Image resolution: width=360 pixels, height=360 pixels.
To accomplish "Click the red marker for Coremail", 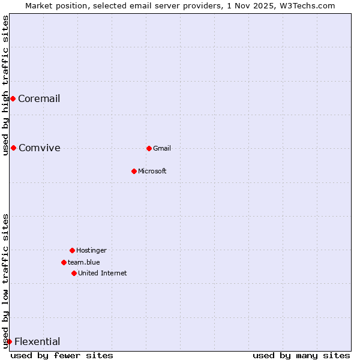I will [x=13, y=98].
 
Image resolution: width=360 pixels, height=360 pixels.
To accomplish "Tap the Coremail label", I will [x=39, y=99].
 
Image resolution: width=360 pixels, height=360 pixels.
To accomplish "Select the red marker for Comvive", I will [x=13, y=148].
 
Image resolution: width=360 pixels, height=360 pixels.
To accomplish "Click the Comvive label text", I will [x=39, y=148].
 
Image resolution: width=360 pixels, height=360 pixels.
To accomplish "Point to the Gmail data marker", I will [x=149, y=148].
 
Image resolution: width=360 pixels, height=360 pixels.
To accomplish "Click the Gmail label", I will [x=162, y=149].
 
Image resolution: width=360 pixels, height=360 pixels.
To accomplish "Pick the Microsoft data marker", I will [x=134, y=171].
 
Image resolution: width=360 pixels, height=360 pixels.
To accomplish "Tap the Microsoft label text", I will [x=152, y=172].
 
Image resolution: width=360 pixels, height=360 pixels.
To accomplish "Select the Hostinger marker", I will [x=72, y=250].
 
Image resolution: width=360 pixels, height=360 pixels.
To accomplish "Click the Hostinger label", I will [x=91, y=251].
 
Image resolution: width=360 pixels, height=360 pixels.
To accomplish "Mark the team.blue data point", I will [x=64, y=262].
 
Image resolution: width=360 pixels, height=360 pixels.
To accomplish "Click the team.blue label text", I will [x=84, y=262].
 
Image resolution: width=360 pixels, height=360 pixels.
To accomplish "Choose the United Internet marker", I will [x=74, y=273].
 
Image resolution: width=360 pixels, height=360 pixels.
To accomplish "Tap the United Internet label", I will [x=103, y=274].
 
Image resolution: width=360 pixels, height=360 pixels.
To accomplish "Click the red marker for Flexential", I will [x=9, y=341].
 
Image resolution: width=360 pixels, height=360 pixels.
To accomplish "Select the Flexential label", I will [x=37, y=342].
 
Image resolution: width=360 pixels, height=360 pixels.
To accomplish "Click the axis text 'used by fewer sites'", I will [x=62, y=355].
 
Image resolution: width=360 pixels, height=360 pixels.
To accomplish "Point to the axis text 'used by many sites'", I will [x=301, y=355].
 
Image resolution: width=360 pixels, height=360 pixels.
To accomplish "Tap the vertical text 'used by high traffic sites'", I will [x=5, y=85].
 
